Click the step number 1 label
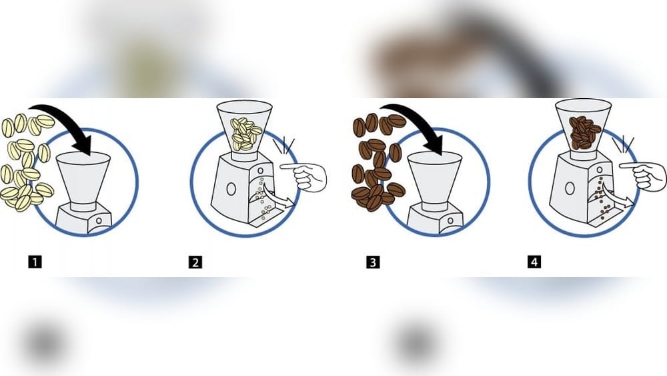tap(35, 262)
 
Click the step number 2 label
tap(195, 262)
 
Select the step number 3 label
tap(373, 262)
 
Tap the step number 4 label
tap(534, 262)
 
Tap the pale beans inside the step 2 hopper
tap(245, 134)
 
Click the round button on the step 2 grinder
tap(231, 189)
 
